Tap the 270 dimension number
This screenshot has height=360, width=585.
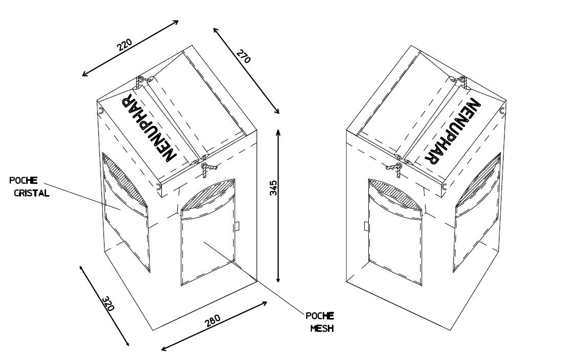pyautogui.click(x=243, y=56)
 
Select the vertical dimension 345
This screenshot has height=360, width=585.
pyautogui.click(x=274, y=188)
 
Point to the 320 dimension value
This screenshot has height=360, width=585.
pyautogui.click(x=108, y=303)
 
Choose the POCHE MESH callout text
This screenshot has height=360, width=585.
pyautogui.click(x=320, y=322)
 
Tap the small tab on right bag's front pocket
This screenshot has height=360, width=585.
pyautogui.click(x=366, y=226)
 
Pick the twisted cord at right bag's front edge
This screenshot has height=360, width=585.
pyautogui.click(x=395, y=170)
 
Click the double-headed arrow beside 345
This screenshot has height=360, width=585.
pyautogui.click(x=278, y=205)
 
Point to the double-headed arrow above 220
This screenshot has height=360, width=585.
pyautogui.click(x=130, y=48)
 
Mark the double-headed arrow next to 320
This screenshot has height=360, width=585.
pyautogui.click(x=105, y=306)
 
